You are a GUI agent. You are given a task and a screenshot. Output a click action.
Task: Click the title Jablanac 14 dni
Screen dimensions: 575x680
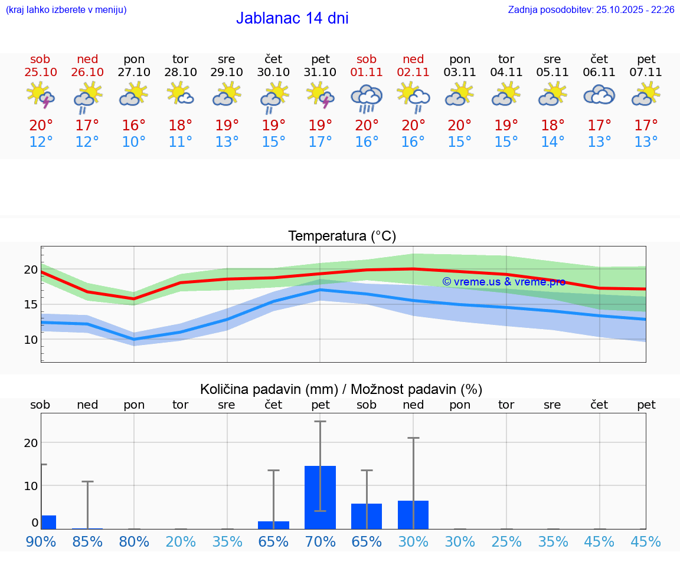292,18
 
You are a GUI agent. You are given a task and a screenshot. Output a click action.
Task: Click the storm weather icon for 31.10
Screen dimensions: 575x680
321,95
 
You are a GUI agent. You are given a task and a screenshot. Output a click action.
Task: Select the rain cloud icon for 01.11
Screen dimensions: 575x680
367,98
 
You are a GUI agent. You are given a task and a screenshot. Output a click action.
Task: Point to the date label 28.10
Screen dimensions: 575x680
181,72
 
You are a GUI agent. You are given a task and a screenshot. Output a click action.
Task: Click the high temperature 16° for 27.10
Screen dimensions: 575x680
134,126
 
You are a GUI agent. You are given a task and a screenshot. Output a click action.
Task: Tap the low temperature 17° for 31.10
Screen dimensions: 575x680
321,142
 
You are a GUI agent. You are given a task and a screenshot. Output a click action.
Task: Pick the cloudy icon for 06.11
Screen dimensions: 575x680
599,95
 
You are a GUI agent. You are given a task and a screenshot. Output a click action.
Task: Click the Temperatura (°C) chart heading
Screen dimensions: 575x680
342,236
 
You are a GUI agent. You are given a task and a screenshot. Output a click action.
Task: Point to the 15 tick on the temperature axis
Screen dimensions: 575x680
30,304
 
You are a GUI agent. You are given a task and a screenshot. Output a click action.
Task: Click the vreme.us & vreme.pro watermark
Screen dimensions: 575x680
504,282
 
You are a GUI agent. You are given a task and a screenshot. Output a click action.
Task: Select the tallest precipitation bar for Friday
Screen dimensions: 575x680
321,497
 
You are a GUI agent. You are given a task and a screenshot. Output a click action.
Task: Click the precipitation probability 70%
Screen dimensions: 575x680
321,541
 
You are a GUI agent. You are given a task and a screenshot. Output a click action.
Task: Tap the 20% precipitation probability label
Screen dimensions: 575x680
181,541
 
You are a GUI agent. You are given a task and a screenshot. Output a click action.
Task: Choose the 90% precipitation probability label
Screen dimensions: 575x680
41,541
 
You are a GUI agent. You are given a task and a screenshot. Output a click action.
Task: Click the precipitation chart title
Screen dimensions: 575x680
341,389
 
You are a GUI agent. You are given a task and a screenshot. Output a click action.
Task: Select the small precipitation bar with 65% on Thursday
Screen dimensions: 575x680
273,525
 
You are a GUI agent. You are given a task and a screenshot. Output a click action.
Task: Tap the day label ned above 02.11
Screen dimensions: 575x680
413,59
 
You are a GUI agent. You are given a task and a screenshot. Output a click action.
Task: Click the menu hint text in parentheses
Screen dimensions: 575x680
66,9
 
